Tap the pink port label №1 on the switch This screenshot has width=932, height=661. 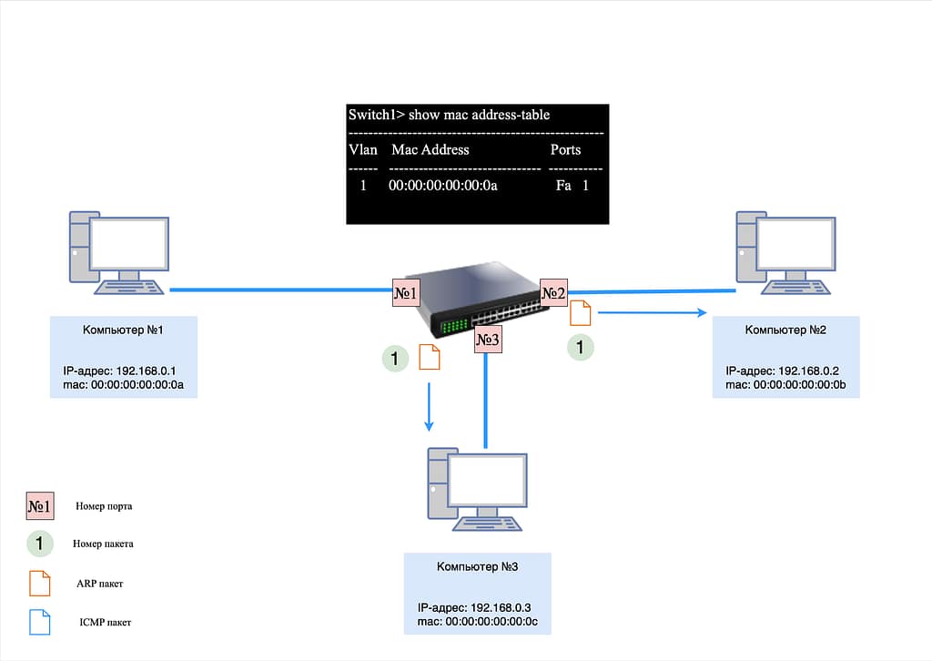(405, 292)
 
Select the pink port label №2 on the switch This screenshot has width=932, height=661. (553, 292)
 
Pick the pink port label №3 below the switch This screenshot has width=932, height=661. (488, 340)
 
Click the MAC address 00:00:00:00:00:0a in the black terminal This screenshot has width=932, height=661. (443, 186)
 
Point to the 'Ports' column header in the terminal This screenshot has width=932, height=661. (565, 149)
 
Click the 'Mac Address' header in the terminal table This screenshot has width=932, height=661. (430, 149)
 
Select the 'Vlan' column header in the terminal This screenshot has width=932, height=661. (362, 149)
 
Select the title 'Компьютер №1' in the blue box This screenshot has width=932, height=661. (122, 329)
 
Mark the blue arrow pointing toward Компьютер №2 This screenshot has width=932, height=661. (653, 312)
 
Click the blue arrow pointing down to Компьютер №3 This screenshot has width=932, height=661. (430, 406)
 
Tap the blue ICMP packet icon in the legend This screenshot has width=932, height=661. (40, 622)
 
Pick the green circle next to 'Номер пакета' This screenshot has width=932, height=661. (40, 544)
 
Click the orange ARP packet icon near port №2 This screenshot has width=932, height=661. (580, 314)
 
